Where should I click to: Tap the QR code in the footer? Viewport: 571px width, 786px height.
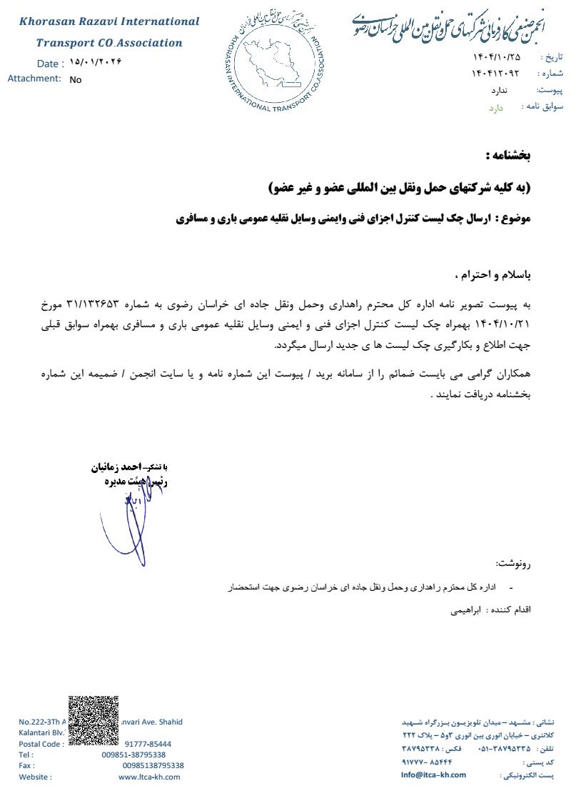pyautogui.click(x=94, y=720)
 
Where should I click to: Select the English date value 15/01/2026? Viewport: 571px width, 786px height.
pyautogui.click(x=96, y=62)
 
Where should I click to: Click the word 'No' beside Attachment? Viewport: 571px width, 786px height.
pyautogui.click(x=76, y=79)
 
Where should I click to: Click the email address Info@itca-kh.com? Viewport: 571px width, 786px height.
pyautogui.click(x=433, y=775)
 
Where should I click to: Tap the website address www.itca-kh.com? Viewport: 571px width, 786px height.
pyautogui.click(x=149, y=777)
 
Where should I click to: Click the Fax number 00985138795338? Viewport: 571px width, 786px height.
pyautogui.click(x=153, y=765)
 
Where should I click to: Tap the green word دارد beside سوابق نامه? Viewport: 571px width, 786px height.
pyautogui.click(x=496, y=107)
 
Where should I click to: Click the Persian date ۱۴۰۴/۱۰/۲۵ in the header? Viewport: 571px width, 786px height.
pyautogui.click(x=497, y=56)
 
